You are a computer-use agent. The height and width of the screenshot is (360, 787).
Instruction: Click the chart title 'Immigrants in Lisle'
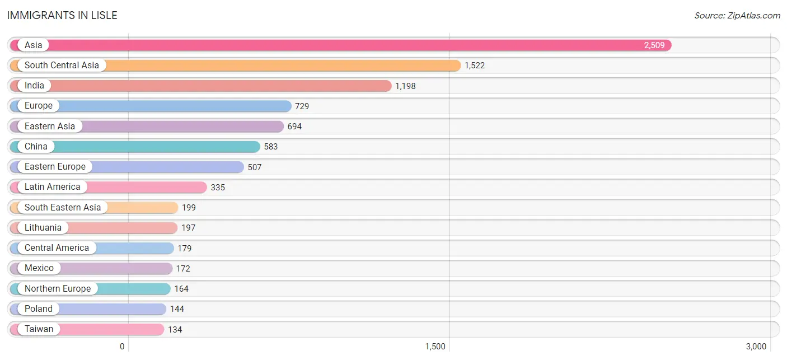(x=62, y=15)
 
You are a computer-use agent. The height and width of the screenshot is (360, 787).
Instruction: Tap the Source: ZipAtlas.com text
(x=737, y=16)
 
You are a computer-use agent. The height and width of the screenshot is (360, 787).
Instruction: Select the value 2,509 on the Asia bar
(x=654, y=45)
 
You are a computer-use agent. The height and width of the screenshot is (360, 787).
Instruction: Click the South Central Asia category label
(x=62, y=66)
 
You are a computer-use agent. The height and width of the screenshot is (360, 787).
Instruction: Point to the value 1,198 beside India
(x=405, y=86)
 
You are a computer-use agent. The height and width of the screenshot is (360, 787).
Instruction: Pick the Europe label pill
(x=38, y=106)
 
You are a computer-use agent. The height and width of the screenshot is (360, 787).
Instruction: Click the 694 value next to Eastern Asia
(x=294, y=127)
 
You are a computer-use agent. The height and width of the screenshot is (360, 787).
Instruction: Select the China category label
(x=36, y=146)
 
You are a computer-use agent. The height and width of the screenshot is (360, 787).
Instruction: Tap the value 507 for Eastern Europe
(x=255, y=167)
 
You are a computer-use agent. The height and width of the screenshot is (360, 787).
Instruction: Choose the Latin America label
(x=53, y=186)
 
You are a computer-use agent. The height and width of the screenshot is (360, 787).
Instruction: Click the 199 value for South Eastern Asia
(x=189, y=208)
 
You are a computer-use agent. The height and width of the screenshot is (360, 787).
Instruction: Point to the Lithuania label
(x=43, y=227)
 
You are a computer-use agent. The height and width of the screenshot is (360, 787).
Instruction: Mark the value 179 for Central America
(x=185, y=249)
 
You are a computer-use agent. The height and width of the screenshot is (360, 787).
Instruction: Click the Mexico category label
(x=39, y=268)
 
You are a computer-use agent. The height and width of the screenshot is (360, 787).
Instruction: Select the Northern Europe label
(x=58, y=289)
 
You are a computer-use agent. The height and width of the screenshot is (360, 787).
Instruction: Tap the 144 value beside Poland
(x=177, y=309)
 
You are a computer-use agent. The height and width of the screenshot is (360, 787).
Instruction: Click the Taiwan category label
(x=39, y=329)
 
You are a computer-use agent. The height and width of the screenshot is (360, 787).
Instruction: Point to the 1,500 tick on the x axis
(x=435, y=347)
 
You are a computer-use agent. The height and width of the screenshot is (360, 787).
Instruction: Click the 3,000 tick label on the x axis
(x=756, y=347)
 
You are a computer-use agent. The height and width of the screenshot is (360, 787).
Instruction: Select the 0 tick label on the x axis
(x=122, y=347)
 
